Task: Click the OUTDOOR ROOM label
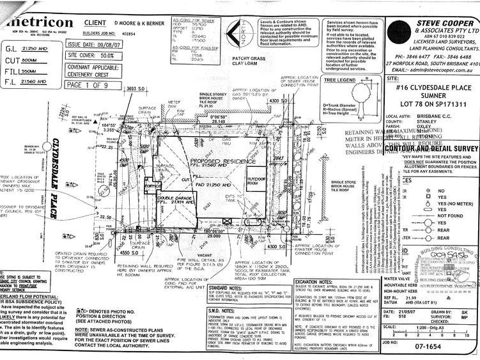coord(259,178)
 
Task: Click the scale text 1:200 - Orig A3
coord(440,338)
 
